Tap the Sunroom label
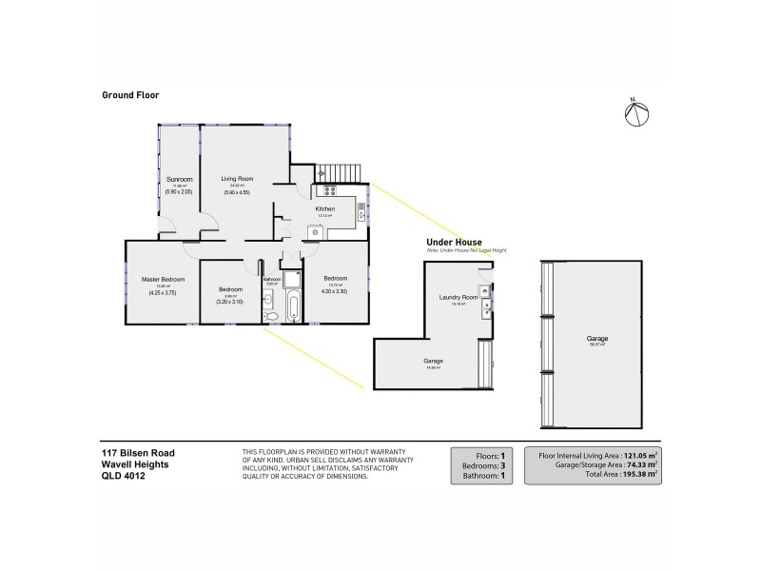180,179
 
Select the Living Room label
237,179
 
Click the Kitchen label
324,208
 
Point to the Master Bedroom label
163,279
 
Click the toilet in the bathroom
270,315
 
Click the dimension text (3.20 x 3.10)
230,302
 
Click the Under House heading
455,243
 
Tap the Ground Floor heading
130,95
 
